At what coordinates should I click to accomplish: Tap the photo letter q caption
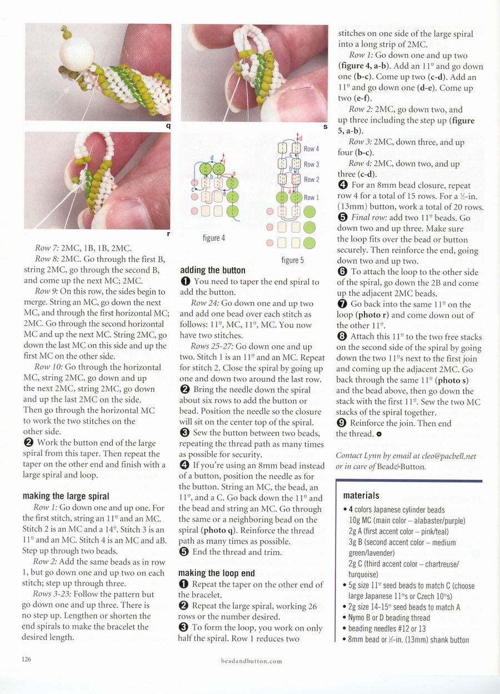coord(168,125)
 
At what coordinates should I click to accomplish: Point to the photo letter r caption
coord(168,234)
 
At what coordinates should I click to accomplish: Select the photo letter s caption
coord(325,127)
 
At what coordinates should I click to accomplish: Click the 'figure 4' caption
coord(214,238)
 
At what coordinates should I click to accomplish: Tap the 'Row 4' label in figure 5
coord(312,149)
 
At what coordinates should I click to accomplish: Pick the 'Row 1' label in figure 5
coord(312,198)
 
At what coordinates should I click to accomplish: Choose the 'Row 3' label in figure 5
coord(312,164)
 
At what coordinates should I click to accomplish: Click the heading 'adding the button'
coord(213,270)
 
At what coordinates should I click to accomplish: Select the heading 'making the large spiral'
coord(65,496)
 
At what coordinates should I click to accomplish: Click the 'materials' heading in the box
coord(361,495)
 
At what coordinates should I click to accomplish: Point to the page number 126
coord(26,660)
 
